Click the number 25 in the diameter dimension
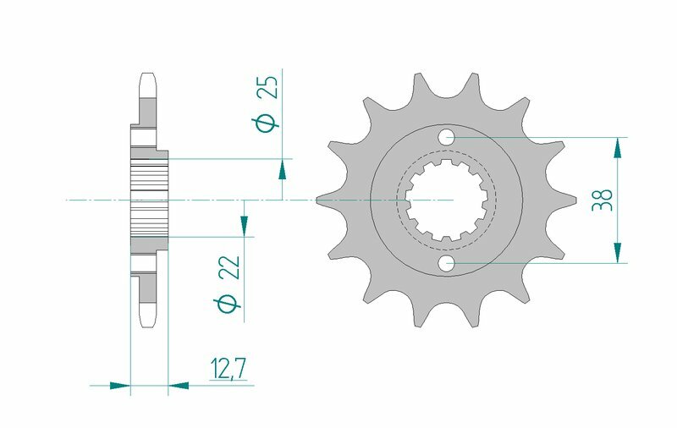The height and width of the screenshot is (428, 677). coord(267,87)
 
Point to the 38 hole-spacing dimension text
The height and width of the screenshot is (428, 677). coord(603,200)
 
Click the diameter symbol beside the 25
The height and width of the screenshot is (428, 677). coord(267,123)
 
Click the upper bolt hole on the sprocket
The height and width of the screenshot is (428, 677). coord(447,137)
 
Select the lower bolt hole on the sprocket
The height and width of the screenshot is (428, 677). coord(447,264)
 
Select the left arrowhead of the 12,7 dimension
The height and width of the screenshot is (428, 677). coord(121,386)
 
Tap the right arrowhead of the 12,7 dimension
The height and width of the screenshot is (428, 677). coord(179,386)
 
